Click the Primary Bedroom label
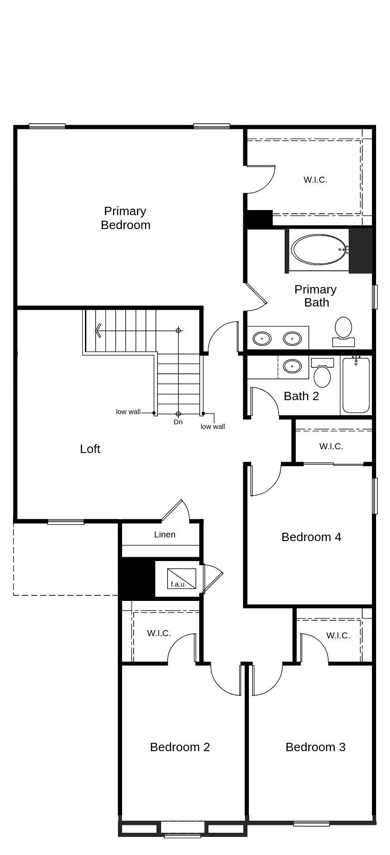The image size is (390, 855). (x=125, y=218)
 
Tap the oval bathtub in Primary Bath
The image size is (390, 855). (x=319, y=249)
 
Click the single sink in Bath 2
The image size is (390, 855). (x=292, y=366)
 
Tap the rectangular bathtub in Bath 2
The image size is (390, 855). (x=356, y=386)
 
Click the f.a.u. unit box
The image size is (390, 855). (x=182, y=579)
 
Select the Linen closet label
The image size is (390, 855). (x=165, y=535)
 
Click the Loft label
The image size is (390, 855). (x=90, y=449)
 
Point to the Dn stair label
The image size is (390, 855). (x=178, y=422)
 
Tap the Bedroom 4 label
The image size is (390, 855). (x=311, y=537)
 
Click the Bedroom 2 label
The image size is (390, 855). (x=180, y=747)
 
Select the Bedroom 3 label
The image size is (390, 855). (x=315, y=747)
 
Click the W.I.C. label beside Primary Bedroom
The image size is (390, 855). (x=315, y=180)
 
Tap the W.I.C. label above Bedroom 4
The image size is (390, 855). (x=331, y=447)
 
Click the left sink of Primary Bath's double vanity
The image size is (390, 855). (x=262, y=338)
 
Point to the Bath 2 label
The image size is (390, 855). (x=301, y=396)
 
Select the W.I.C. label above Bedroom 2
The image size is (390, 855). (x=159, y=633)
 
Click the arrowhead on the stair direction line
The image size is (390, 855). (x=97, y=331)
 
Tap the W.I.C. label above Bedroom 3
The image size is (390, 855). (x=338, y=636)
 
